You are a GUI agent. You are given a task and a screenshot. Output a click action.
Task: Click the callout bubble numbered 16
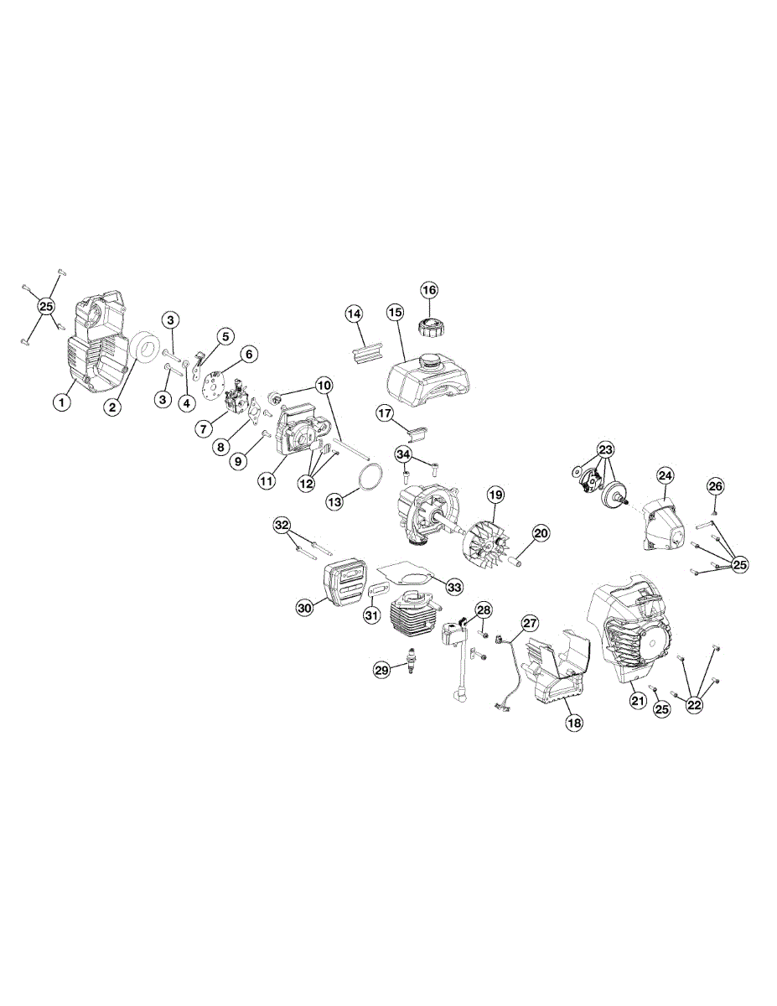tap(428, 291)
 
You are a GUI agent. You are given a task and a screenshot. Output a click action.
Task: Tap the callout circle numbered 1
tap(61, 402)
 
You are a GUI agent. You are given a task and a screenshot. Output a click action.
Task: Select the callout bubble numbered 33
tap(454, 587)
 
